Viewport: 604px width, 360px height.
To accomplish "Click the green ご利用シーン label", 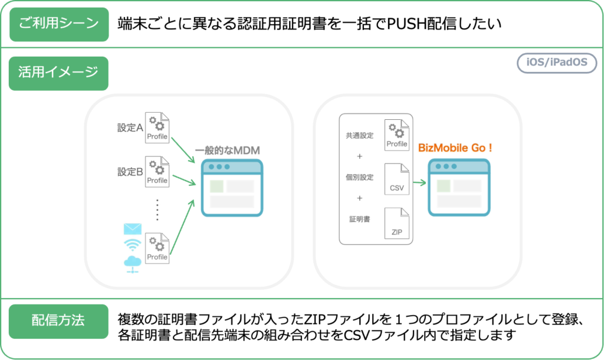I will tap(59, 24).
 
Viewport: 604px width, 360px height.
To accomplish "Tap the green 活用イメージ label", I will tap(59, 73).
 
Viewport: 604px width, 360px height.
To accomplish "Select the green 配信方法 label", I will tap(58, 321).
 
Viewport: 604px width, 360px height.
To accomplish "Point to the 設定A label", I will tap(130, 127).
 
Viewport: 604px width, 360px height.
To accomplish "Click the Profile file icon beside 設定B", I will tap(157, 172).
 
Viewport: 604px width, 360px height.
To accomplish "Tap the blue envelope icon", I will tap(133, 229).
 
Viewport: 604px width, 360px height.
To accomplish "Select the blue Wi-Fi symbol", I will tap(133, 245).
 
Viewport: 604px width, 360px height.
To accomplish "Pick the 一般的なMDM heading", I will tap(227, 150).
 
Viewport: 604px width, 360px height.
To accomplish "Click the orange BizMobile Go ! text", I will tap(454, 148).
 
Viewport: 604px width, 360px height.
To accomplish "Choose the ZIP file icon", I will tap(396, 223).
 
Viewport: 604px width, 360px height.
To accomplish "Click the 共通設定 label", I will tap(360, 136).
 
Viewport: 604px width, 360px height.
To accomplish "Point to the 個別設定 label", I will tap(360, 178).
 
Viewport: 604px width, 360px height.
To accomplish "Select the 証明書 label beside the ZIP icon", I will tap(360, 219).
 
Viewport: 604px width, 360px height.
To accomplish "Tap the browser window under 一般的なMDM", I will tap(231, 188).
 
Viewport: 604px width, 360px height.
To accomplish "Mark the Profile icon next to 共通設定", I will tap(396, 135).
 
